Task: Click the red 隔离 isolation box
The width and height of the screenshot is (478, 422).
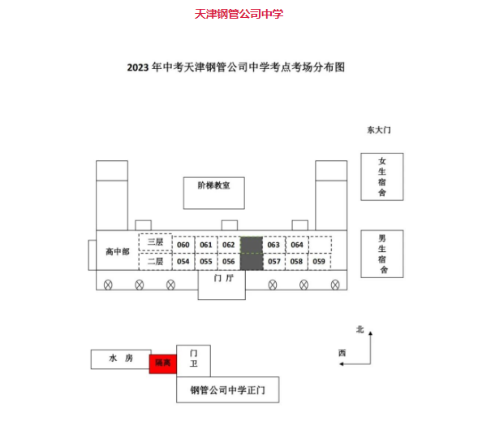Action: point(163,364)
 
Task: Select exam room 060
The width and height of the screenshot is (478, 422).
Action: point(183,245)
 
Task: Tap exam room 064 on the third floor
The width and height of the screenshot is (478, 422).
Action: point(297,245)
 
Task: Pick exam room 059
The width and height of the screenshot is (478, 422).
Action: point(319,261)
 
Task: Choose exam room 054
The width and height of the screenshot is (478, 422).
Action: point(183,261)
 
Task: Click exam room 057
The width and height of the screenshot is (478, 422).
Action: point(274,261)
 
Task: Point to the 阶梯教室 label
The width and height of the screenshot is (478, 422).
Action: point(213,185)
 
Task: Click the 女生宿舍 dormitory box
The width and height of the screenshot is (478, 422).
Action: point(382,176)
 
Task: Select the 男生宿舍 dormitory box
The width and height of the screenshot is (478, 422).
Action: point(382,254)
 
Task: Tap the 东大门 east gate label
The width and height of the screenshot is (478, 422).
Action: point(379,130)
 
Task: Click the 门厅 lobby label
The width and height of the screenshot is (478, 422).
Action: point(223,278)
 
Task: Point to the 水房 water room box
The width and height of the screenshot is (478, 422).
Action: point(121,359)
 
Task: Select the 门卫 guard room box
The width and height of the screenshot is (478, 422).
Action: point(194,361)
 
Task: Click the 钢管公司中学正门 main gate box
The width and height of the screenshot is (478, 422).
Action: point(228,389)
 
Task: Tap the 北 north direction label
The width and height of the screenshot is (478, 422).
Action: point(360,329)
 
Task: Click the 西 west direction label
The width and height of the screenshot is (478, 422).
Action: point(342,354)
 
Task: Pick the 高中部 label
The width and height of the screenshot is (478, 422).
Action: point(118,251)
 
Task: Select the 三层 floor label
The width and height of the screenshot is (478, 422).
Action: point(156,242)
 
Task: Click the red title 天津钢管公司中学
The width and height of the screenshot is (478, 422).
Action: point(239,14)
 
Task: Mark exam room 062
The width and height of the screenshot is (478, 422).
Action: point(229,245)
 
